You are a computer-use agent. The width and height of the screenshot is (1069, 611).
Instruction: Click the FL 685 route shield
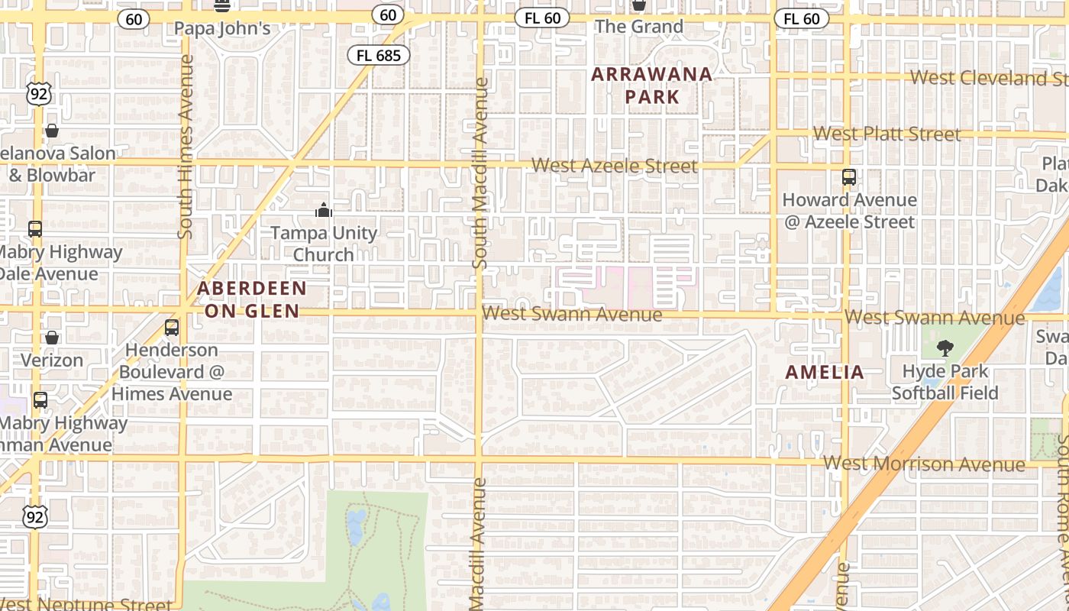coord(379,55)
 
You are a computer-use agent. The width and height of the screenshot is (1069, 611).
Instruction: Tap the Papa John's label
coord(222,28)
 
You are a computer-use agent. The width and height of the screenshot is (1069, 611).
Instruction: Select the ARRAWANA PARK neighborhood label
coord(651,86)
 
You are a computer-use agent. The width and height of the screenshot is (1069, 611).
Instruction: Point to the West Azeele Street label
coord(615,166)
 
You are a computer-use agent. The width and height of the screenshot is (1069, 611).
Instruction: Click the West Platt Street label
coord(887,134)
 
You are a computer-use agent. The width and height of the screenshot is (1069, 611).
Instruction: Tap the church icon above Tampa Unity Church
coord(324,210)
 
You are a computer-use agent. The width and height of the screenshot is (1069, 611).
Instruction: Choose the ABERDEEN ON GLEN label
coord(252,299)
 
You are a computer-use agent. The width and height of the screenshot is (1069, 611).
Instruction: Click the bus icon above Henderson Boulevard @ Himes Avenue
coord(172,328)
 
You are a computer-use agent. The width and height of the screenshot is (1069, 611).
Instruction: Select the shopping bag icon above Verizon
coord(52,338)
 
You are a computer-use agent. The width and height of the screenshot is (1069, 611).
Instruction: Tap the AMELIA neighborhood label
coord(825,373)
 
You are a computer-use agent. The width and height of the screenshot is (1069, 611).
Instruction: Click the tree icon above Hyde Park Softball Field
coord(945,349)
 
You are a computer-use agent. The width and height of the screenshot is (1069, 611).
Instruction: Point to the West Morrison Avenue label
coord(924,464)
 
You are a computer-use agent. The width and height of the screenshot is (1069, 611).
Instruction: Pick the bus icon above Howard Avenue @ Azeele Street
coord(848,177)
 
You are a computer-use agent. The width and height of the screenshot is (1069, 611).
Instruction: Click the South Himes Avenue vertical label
coord(186,147)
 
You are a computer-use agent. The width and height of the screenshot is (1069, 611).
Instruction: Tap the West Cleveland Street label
coord(989,78)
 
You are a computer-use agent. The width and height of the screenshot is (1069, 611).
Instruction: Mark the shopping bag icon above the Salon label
coord(52,131)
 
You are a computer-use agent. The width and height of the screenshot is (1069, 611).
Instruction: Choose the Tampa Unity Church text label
coord(324,244)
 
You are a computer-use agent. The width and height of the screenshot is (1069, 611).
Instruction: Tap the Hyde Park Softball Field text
coord(945,382)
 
